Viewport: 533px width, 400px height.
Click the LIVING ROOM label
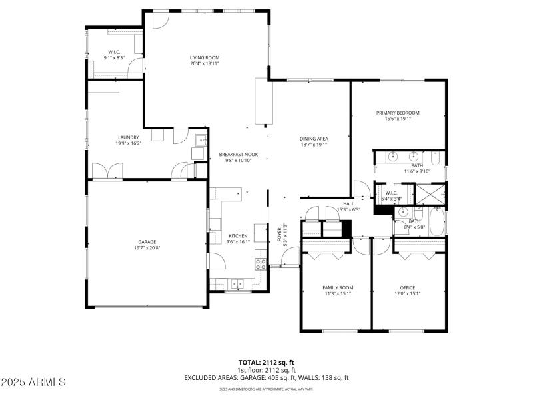[x=204, y=58]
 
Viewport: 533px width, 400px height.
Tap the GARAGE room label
[x=147, y=242]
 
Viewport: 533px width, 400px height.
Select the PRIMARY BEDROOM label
[x=398, y=113]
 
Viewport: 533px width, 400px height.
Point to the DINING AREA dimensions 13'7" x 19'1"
[x=314, y=144]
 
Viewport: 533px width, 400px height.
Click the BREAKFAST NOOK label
[x=238, y=155]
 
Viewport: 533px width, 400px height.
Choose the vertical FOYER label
[x=280, y=234]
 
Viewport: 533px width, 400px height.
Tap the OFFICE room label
[x=407, y=287]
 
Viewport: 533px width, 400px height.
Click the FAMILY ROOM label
[x=338, y=287]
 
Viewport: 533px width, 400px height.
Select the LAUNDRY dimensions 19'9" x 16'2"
[x=128, y=143]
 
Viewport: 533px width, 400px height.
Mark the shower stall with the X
[x=429, y=193]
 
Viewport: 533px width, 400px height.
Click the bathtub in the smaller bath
[x=437, y=223]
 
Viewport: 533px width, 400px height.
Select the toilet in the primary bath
[x=435, y=159]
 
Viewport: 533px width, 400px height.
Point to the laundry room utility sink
[x=199, y=139]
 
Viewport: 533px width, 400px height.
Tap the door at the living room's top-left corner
[x=159, y=19]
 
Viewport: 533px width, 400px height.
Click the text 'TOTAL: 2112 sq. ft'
[x=266, y=362]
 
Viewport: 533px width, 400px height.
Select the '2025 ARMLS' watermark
[x=33, y=382]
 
